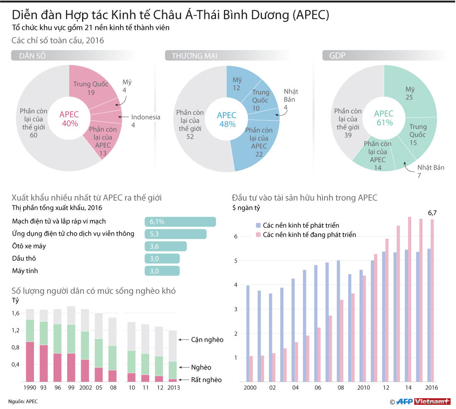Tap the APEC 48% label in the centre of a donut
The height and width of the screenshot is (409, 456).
point(226,119)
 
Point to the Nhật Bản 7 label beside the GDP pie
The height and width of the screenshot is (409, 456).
point(430,171)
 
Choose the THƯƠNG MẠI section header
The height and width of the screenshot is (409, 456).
point(194,56)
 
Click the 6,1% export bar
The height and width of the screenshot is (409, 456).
point(180,222)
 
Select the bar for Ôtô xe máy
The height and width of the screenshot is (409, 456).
point(165,246)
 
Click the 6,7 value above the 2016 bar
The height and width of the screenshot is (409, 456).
point(432,213)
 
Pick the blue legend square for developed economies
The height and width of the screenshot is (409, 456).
point(258,225)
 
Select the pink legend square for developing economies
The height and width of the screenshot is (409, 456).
point(258,235)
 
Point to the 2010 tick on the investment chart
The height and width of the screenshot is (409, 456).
point(364,387)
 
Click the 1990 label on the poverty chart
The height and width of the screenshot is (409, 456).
point(30,388)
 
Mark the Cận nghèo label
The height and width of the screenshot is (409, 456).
point(207,340)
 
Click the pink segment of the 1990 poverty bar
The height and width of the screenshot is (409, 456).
point(30,361)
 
